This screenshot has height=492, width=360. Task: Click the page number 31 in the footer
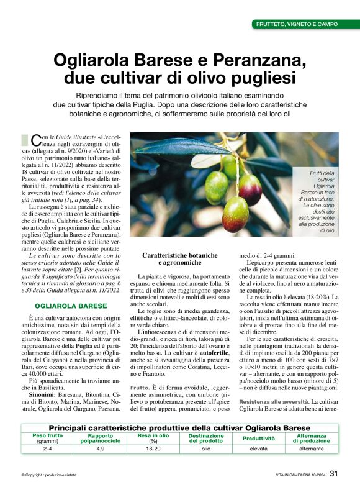(x=334, y=475)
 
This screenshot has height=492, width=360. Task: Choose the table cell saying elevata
(x=258, y=448)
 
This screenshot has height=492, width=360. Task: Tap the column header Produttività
(x=258, y=439)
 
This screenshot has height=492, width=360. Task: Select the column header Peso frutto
(x=47, y=436)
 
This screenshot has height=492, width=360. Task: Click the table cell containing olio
(x=205, y=448)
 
